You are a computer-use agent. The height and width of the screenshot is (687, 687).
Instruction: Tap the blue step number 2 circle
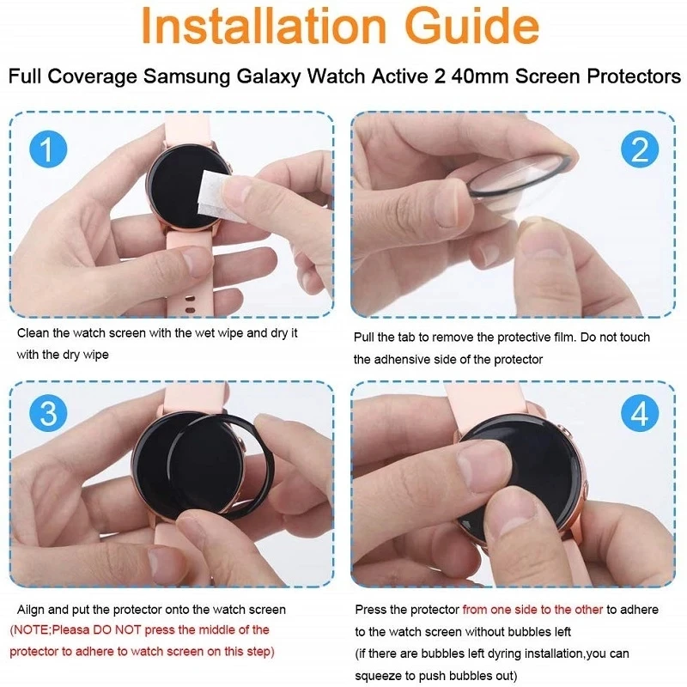(640, 150)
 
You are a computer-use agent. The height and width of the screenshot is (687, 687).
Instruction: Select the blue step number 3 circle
(48, 414)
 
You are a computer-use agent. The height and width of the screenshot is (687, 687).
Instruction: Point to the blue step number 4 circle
(640, 415)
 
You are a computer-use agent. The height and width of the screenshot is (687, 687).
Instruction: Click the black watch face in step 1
(176, 185)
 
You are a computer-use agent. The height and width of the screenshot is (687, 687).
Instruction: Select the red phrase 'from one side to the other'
(532, 610)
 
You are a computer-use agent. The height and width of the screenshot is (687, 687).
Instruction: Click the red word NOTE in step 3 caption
(35, 630)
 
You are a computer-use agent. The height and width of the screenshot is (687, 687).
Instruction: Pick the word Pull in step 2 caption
(365, 337)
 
